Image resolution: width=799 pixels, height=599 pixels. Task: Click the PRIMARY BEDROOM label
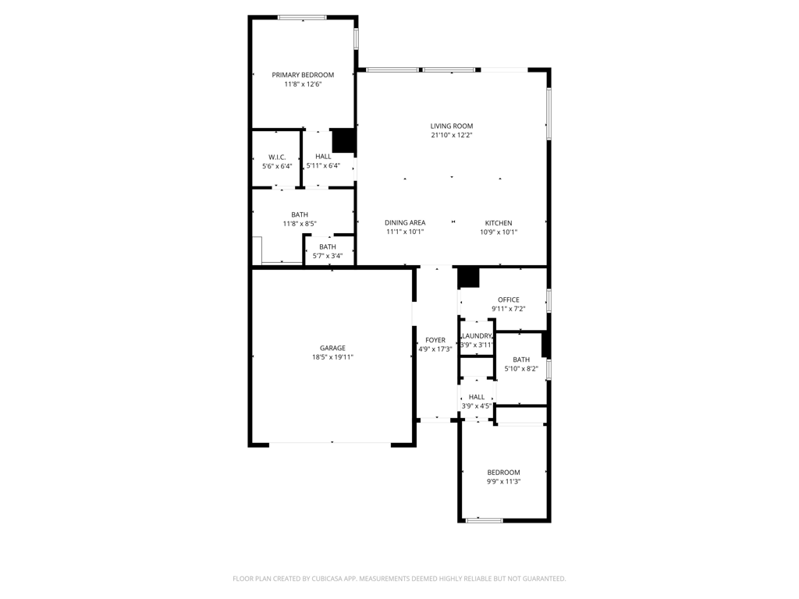303,75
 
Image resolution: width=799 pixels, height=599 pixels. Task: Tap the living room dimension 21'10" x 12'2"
452,136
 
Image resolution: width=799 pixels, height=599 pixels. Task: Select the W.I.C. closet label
277,158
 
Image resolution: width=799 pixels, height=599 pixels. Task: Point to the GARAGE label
332,349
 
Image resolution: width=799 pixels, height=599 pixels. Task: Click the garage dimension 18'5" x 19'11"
332,357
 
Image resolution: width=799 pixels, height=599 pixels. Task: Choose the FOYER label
435,340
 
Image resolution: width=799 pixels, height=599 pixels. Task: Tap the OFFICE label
509,300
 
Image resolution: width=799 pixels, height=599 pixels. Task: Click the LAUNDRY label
477,336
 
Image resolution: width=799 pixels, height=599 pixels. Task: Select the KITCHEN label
499,223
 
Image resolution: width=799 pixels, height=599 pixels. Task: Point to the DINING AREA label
405,222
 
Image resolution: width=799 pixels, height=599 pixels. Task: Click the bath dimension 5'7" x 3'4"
328,256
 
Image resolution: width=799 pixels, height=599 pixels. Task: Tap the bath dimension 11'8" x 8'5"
300,224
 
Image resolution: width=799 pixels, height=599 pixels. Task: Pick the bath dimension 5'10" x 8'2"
521,369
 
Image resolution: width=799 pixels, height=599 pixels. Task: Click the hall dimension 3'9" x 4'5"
477,406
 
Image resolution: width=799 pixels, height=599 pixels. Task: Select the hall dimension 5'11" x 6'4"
323,166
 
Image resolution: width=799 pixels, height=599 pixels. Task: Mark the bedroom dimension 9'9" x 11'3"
503,482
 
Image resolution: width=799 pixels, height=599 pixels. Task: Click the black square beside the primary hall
343,141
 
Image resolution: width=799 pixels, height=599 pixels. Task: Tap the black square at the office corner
468,278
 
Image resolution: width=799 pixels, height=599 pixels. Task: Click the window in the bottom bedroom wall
484,520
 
